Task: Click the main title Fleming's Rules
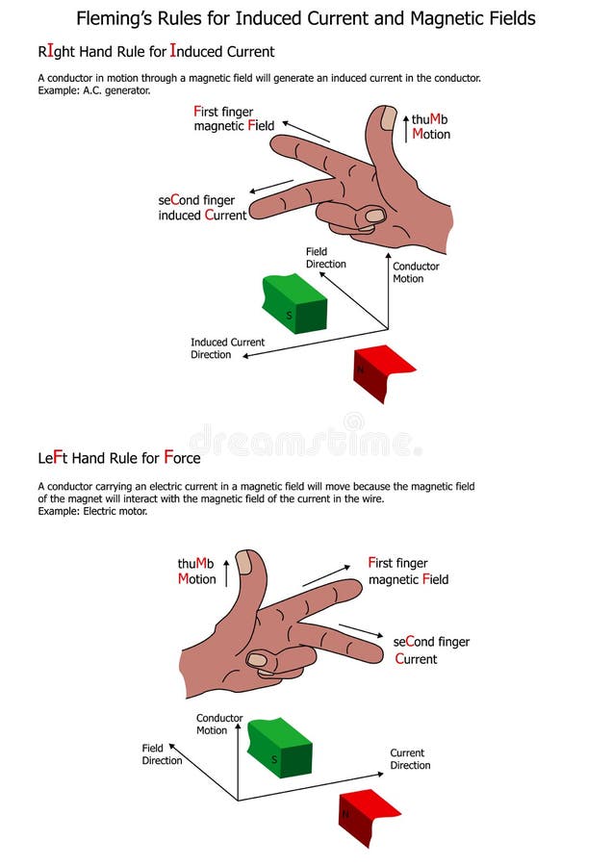coord(306,18)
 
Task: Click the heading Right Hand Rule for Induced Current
coord(156,52)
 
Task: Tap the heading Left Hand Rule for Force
coord(119,456)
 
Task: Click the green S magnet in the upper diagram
coord(293,304)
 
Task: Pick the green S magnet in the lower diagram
coord(280,748)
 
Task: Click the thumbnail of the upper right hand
coord(387,118)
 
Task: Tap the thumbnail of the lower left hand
coord(244,562)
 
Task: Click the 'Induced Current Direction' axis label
coord(227,348)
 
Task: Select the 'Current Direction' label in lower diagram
coord(410,759)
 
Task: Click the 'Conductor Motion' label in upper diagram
coord(416,272)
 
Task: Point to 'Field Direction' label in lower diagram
coord(162,754)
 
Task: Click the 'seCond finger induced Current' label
coord(202,208)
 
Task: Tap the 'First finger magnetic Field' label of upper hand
coord(234,118)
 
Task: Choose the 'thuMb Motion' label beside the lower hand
coord(196,572)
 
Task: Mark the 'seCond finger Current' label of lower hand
coord(431,650)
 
